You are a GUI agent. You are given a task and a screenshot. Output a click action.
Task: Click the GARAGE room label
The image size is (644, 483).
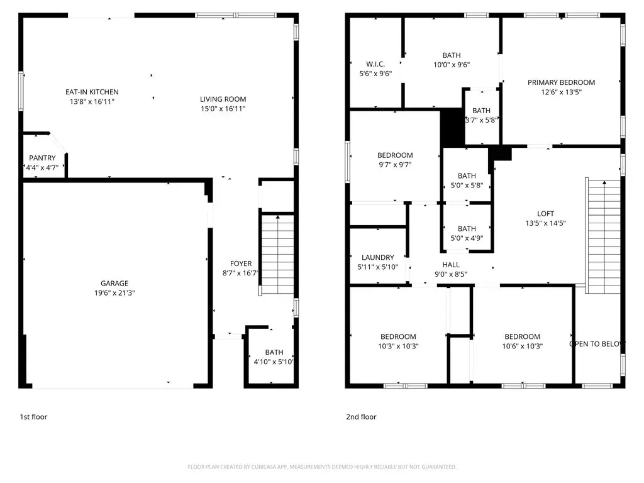click(114, 283)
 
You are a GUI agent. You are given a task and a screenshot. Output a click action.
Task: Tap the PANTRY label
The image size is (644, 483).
click(42, 158)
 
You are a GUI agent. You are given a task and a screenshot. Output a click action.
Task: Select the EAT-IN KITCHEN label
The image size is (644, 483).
click(92, 92)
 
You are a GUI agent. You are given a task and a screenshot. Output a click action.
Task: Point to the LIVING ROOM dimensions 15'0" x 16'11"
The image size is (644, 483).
click(223, 109)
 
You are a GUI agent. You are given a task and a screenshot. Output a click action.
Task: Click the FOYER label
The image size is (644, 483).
click(241, 264)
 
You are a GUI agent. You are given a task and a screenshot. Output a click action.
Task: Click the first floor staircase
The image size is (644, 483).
click(277, 254)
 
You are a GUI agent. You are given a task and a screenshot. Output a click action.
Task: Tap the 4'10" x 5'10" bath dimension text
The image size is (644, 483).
click(273, 362)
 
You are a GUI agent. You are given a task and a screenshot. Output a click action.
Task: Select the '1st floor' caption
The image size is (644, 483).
click(34, 417)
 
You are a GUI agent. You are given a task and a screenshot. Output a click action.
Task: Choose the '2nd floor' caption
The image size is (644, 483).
click(361, 417)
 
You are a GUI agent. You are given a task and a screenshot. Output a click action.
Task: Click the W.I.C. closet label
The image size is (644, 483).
click(375, 64)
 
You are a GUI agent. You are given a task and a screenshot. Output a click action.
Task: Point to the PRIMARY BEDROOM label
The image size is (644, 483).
click(561, 82)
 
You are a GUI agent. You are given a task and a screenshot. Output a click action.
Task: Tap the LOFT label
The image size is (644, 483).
click(545, 214)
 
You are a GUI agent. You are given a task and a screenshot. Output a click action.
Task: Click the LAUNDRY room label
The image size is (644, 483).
click(377, 257)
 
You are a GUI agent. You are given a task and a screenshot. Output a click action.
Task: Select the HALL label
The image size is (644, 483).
click(451, 265)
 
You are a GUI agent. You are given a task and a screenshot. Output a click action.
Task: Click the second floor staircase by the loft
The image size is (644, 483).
click(603, 236)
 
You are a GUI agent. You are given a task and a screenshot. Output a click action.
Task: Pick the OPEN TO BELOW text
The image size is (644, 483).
click(597, 344)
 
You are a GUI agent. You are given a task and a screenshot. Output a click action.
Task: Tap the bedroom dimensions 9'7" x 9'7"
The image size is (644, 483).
click(395, 165)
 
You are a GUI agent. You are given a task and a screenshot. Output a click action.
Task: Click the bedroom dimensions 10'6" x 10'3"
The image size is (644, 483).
click(523, 347)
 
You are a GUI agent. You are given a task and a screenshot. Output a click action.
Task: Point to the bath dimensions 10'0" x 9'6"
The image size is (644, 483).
click(452, 65)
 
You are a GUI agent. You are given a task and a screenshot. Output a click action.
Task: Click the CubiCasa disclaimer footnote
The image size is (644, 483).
click(322, 467)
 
